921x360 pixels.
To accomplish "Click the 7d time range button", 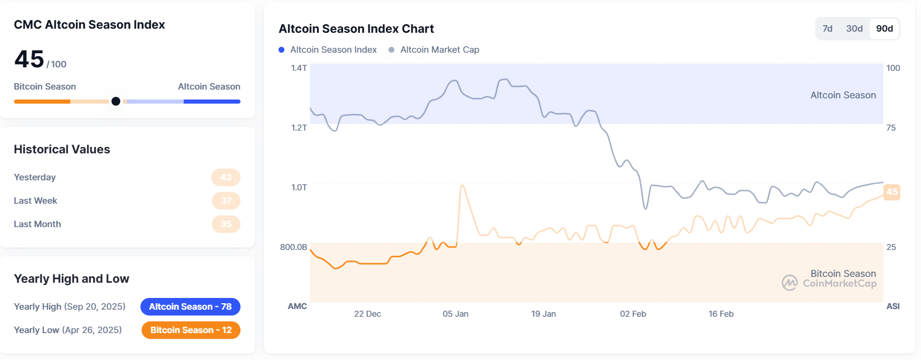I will (827, 29).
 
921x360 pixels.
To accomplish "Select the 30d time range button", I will (854, 29).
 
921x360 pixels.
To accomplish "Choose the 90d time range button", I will (884, 29).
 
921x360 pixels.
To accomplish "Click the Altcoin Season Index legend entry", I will (333, 50).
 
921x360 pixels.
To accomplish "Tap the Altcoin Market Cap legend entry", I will (439, 50).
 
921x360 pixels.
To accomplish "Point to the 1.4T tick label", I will (299, 68).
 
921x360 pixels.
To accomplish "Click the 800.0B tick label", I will (294, 247).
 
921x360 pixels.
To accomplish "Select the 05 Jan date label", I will (455, 314).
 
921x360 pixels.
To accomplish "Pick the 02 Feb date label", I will (633, 314).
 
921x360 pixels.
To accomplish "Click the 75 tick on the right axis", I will (891, 128).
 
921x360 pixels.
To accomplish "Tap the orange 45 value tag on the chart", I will (892, 192).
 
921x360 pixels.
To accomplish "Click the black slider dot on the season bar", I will (116, 101).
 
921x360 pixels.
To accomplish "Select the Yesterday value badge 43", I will (226, 177).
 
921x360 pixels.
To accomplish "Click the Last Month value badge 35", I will (226, 224).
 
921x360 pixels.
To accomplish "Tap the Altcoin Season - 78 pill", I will (190, 307).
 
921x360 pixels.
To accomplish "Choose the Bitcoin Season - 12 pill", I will (191, 330).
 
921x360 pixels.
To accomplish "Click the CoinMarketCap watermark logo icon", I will (789, 283).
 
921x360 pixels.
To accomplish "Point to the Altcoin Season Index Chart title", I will (356, 29).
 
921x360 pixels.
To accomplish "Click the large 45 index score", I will (29, 59).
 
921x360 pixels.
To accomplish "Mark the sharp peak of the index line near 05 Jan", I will (463, 186).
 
